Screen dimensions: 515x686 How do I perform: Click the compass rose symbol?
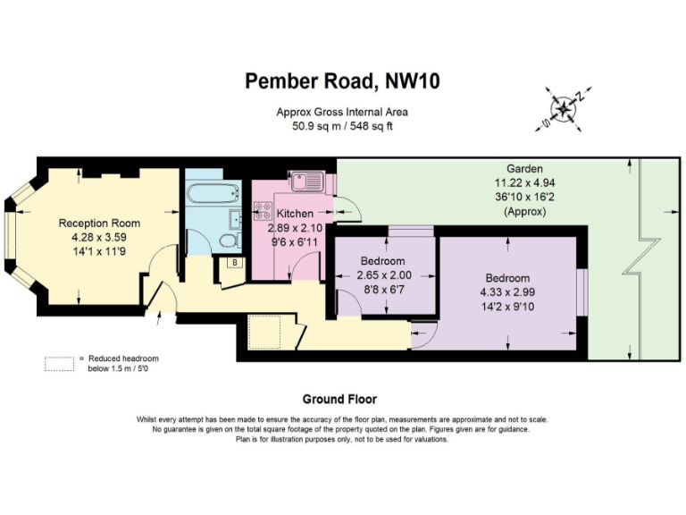click(x=565, y=108)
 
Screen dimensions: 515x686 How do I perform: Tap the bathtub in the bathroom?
click(x=213, y=191)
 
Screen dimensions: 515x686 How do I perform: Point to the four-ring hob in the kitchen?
click(x=264, y=212)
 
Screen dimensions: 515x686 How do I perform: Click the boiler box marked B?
click(x=233, y=263)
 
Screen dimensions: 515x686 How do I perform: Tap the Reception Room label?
click(x=99, y=223)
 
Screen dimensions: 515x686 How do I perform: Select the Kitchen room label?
click(x=295, y=215)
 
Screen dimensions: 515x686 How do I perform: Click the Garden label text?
click(x=524, y=168)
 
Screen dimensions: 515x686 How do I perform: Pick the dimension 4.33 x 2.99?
click(x=507, y=291)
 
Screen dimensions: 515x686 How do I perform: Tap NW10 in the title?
click(x=412, y=81)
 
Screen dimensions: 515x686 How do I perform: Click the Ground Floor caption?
click(x=339, y=400)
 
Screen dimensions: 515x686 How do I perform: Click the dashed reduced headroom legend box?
click(x=59, y=363)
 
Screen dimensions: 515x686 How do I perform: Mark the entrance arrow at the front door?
click(x=158, y=314)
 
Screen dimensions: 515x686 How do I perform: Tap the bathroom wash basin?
click(x=235, y=219)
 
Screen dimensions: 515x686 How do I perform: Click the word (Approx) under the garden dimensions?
click(x=524, y=212)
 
